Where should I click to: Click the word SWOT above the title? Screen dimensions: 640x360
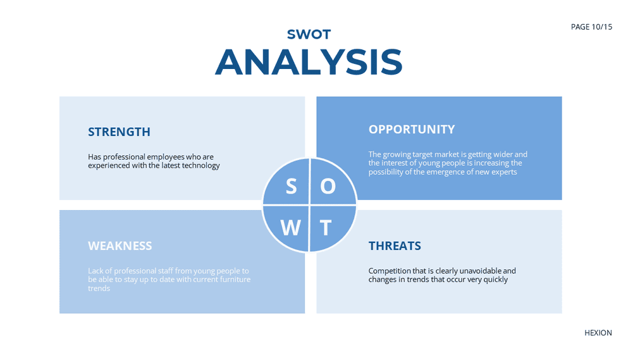tap(309, 34)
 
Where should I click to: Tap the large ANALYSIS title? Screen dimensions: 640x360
tap(309, 62)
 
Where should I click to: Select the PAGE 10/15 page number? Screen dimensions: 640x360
tap(591, 27)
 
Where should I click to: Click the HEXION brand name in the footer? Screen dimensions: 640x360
tap(598, 333)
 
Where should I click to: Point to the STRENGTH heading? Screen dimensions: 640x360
tap(119, 132)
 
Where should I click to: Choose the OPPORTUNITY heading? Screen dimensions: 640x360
tap(412, 130)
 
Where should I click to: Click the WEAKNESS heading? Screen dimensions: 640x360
tap(120, 245)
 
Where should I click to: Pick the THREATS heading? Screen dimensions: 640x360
tap(395, 245)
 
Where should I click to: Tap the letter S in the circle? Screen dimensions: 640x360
tap(291, 187)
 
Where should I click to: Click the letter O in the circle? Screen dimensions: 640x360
tap(328, 187)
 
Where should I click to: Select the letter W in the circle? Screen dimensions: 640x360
tap(291, 228)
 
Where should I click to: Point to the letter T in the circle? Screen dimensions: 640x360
tap(325, 228)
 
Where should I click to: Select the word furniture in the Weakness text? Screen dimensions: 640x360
tap(235, 280)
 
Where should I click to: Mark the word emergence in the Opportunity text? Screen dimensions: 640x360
tap(443, 172)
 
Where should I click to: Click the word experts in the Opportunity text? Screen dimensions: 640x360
tap(505, 172)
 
